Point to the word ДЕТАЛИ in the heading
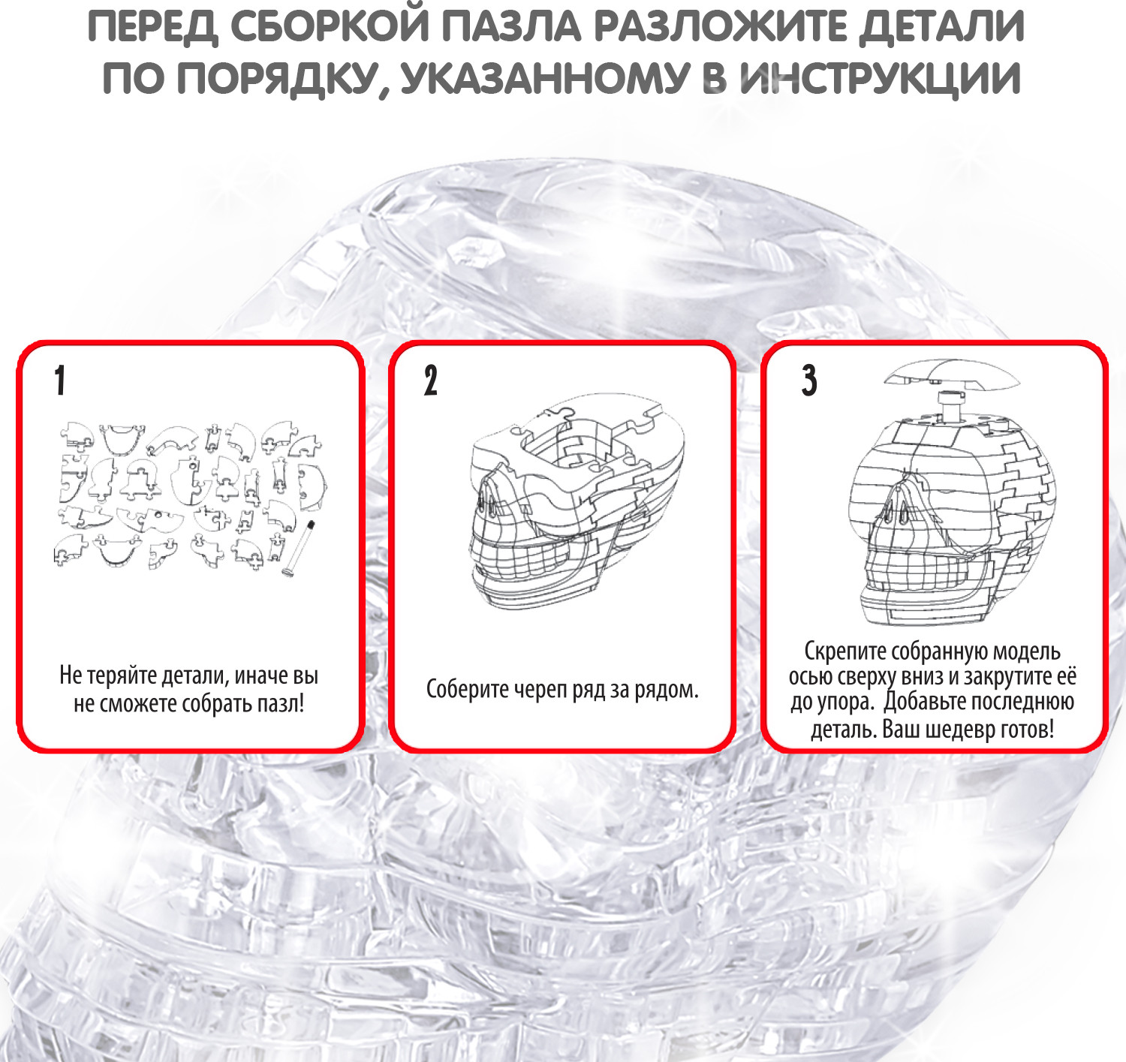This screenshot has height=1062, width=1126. pos(942,27)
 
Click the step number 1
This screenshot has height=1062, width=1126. pos(60,380)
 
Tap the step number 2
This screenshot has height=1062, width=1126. pos(431,380)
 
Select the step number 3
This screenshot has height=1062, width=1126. pos(809,380)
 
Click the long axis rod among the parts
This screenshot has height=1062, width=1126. pos(298,549)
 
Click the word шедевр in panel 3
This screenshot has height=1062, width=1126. pos(951,729)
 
